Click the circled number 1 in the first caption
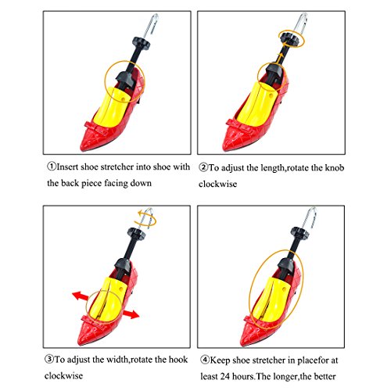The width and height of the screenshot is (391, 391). [x=52, y=167]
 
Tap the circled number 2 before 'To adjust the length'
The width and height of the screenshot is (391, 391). [x=203, y=167]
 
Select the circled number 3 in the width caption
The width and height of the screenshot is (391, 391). [x=49, y=360]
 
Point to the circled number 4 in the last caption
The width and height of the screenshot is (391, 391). [x=205, y=360]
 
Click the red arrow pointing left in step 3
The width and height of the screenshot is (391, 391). [x=81, y=296]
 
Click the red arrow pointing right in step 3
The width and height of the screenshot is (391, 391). [x=131, y=314]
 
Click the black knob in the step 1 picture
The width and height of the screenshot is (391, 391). [x=142, y=42]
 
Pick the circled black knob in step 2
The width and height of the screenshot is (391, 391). [x=289, y=41]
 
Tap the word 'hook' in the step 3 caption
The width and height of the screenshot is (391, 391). [x=178, y=360]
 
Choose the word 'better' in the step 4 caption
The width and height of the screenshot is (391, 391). [x=325, y=376]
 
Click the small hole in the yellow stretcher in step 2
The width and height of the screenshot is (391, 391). [x=271, y=95]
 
